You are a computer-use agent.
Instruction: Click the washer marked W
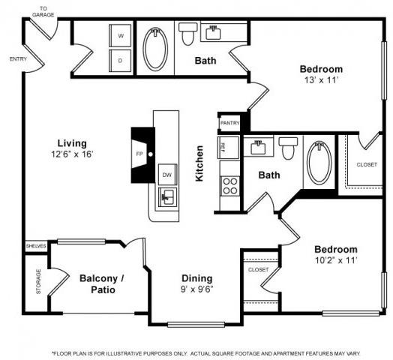[120, 35]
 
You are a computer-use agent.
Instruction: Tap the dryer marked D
[120, 61]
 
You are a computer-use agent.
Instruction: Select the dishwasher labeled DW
[167, 175]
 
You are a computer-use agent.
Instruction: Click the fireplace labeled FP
[143, 155]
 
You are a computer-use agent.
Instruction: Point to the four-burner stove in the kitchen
[229, 186]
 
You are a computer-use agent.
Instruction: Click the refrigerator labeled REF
[228, 148]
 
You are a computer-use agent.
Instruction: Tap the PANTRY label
[229, 123]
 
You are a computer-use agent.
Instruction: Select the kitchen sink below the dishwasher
[168, 197]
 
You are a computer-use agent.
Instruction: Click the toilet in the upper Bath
[187, 34]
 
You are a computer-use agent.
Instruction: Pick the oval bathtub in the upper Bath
[155, 49]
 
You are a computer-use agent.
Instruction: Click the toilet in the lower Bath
[288, 148]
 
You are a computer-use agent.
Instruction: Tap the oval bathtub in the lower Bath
[319, 162]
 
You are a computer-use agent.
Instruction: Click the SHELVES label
[36, 246]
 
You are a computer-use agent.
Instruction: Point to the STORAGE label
[38, 281]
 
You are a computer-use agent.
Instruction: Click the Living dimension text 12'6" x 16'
[72, 154]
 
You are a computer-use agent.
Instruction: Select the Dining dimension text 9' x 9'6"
[197, 289]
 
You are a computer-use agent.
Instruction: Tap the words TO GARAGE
[43, 12]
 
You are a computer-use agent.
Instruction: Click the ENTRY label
[18, 59]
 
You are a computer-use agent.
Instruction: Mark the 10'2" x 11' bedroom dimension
[336, 260]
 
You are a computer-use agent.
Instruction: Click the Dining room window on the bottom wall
[196, 325]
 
